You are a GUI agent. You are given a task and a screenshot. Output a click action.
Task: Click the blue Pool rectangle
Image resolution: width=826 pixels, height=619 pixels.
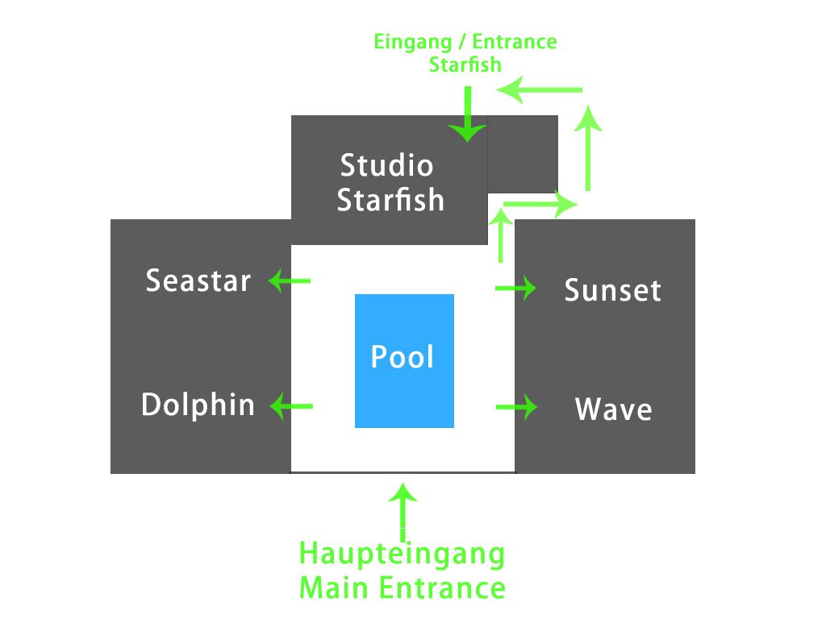(404, 360)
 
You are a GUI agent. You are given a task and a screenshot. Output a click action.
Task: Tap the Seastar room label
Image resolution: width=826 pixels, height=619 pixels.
(198, 281)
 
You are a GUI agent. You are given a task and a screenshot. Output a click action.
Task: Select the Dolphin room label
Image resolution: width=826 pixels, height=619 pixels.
(198, 405)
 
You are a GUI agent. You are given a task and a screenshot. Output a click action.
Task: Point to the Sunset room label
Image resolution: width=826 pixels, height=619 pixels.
(612, 290)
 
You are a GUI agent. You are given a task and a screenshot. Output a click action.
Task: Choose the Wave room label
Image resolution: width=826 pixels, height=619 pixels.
(613, 409)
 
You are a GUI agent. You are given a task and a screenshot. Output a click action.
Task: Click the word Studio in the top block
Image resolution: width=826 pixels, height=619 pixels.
(386, 166)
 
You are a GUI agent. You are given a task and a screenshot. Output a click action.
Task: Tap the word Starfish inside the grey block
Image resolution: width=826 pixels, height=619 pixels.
(390, 200)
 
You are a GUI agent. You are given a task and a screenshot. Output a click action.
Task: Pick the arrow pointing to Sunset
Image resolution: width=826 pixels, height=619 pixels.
(516, 288)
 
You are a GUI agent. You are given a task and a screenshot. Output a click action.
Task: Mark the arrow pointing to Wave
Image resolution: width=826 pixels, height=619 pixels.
(516, 407)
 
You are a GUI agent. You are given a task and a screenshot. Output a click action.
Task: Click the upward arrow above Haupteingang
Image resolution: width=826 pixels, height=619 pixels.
(403, 512)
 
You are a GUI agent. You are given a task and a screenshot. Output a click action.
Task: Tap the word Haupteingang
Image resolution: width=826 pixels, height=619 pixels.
(402, 554)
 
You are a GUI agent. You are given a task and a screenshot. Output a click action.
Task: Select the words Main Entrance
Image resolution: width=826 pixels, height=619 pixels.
(402, 588)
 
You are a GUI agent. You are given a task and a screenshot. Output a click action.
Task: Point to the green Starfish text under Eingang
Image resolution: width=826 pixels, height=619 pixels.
(465, 64)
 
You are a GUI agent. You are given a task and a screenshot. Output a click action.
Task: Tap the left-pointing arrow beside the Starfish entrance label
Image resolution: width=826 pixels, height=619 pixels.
(539, 89)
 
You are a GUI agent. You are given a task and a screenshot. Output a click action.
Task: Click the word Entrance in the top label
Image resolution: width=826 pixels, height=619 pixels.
(514, 42)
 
